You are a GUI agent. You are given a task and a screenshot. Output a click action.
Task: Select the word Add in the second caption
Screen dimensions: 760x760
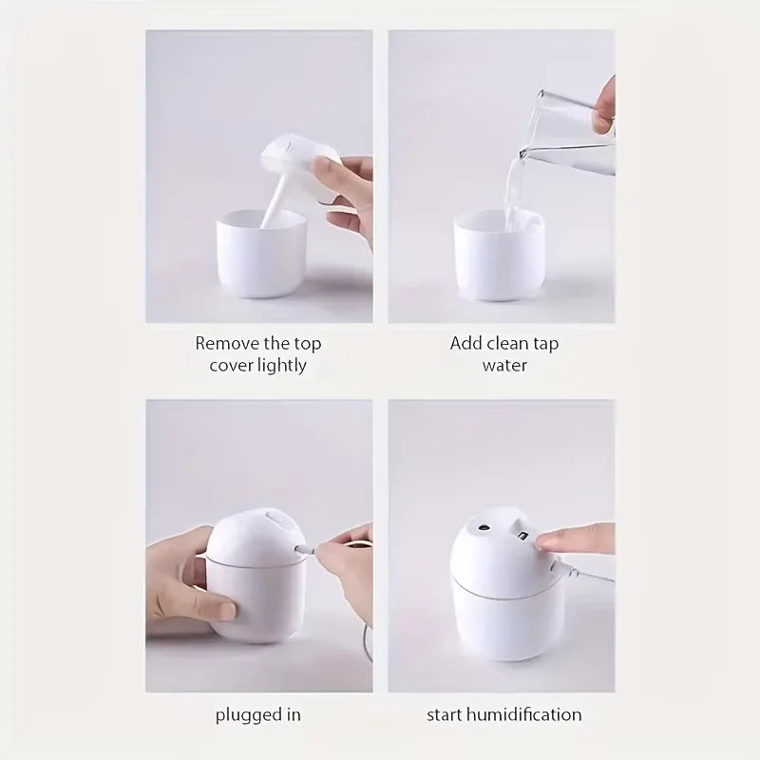click(x=466, y=343)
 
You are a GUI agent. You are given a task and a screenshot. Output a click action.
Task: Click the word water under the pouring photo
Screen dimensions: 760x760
click(x=503, y=365)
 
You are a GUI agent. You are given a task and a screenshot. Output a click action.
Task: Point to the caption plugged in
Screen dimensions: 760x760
click(x=257, y=714)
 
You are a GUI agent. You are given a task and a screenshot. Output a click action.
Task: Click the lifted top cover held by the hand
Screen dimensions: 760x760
click(x=294, y=161)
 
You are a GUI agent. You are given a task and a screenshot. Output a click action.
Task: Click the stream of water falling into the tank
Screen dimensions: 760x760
click(x=513, y=190)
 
